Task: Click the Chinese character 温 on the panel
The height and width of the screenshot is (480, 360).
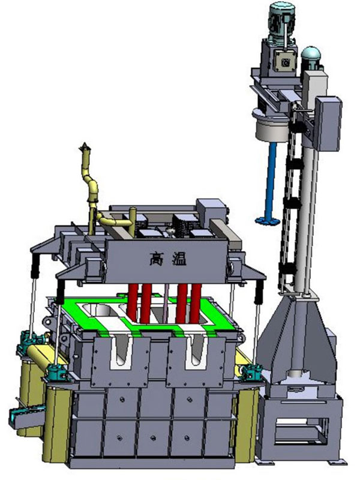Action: (x=179, y=260)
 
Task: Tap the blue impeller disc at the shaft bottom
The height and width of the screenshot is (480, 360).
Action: (x=267, y=220)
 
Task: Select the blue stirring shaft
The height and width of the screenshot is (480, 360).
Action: (x=271, y=181)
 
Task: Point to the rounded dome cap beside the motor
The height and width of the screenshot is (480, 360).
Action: (x=310, y=54)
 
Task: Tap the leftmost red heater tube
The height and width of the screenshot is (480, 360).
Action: (x=133, y=302)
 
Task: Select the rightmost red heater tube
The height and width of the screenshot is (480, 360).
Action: (x=196, y=304)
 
